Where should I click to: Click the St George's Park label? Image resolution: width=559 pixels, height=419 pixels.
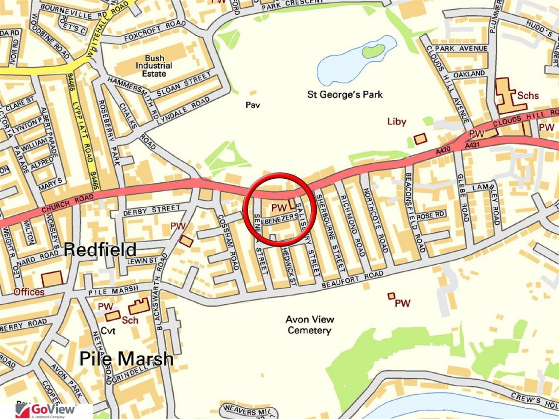click(345, 94)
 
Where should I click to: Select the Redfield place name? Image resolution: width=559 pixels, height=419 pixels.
click(100, 250)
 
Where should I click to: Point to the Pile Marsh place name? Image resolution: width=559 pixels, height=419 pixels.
click(126, 359)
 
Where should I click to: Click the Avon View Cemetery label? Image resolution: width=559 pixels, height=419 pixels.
click(310, 325)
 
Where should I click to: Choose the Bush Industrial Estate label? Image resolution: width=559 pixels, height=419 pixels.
click(154, 65)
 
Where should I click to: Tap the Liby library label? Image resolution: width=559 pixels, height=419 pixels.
click(397, 122)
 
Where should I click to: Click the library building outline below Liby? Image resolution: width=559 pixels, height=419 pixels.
click(420, 139)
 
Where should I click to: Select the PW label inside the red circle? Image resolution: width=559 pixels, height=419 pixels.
click(279, 208)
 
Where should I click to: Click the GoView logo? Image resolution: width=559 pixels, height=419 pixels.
click(46, 410)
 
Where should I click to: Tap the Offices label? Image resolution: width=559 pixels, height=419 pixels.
click(29, 292)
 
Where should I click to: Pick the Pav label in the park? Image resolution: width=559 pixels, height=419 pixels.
click(253, 105)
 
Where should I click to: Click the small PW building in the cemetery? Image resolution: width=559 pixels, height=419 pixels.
click(391, 296)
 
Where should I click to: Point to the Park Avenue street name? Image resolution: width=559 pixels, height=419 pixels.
click(461, 49)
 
